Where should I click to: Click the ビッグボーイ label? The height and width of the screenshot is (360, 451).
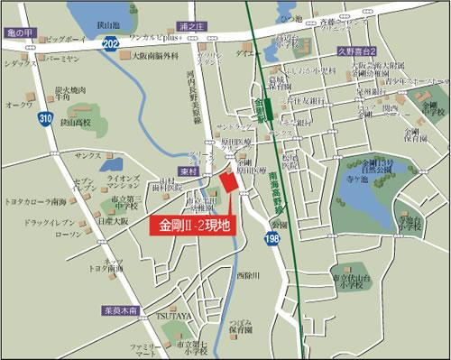tap(64, 40)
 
